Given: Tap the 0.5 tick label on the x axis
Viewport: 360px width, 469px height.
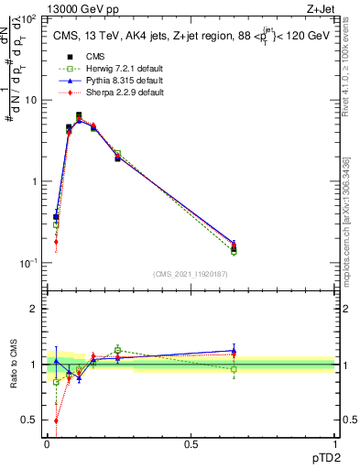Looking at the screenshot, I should (x=191, y=443).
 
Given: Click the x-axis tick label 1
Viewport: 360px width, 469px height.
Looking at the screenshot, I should (x=333, y=443).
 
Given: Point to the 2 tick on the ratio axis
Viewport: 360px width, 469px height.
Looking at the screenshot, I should (x=35, y=309).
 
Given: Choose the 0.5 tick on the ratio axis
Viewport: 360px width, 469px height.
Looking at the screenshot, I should (x=31, y=420).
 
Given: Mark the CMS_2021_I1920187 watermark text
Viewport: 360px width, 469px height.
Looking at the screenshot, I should (x=191, y=274).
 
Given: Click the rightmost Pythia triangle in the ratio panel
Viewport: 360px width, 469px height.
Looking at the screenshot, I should (x=234, y=350).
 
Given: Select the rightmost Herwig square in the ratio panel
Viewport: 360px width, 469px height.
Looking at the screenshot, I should (x=234, y=369).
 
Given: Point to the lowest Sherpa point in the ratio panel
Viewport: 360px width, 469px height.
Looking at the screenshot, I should (x=56, y=421).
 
